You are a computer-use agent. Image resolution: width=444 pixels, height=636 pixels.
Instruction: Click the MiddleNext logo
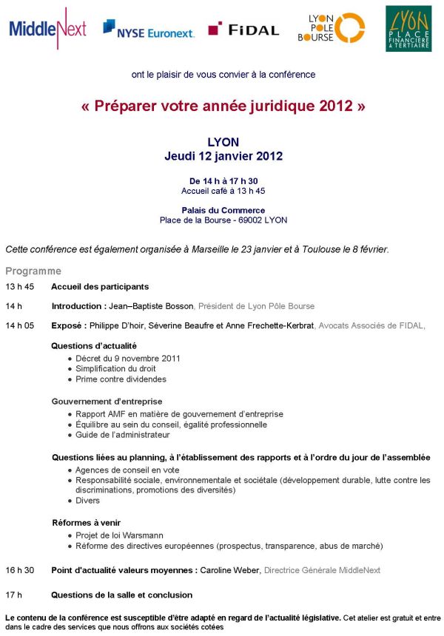[47, 29]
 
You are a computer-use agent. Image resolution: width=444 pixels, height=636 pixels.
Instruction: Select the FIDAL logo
[243, 30]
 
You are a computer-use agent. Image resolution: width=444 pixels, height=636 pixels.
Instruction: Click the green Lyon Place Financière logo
[408, 29]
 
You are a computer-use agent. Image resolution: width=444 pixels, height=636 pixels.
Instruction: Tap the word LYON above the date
[223, 142]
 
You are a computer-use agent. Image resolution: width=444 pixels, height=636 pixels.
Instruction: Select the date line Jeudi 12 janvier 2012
[223, 156]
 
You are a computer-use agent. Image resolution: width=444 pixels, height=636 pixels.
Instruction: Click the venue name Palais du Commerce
[223, 210]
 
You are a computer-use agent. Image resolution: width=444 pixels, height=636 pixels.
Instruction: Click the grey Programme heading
[33, 271]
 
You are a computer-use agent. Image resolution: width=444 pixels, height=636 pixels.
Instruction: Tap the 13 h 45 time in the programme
[19, 287]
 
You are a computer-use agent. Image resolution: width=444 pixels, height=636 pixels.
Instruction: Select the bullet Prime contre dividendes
[121, 379]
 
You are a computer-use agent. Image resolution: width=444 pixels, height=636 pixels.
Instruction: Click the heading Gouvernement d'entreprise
[107, 402]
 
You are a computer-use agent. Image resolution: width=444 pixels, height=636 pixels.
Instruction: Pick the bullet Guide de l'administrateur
[122, 436]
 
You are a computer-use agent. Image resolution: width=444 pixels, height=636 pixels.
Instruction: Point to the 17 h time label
[14, 595]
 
